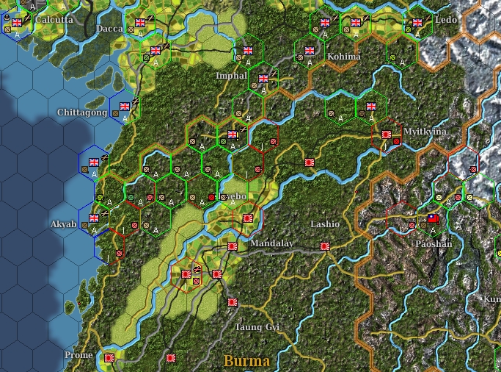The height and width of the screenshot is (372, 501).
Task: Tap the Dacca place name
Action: [x=110, y=29]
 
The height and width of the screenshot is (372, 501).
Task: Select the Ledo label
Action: [x=446, y=19]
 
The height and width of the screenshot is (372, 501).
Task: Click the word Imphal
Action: [x=232, y=76]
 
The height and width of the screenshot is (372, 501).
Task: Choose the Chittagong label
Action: [x=81, y=112]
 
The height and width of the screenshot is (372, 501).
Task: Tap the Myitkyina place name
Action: [x=425, y=132]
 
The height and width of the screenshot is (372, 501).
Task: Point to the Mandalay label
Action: [x=271, y=243]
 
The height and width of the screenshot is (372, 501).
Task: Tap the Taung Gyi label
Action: [x=257, y=326]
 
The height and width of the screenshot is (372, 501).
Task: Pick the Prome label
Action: [x=78, y=355]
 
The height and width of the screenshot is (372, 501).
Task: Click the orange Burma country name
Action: [x=246, y=361]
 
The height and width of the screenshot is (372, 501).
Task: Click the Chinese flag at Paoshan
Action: [x=434, y=219]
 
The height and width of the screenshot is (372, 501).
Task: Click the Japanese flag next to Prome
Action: [x=109, y=358]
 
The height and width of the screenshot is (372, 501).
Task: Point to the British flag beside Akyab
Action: [x=94, y=218]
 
